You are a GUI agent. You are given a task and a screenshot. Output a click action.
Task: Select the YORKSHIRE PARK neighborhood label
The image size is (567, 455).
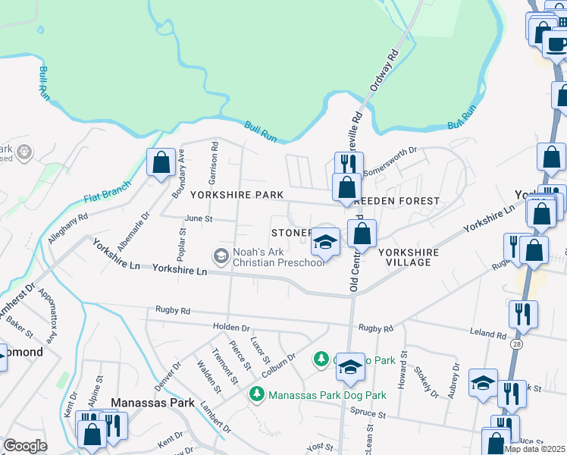237,195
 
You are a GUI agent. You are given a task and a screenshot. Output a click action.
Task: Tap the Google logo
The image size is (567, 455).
25,446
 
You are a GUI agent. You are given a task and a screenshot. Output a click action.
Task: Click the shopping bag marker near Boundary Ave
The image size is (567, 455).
161,162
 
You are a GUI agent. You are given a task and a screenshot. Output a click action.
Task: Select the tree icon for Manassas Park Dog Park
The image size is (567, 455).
258,394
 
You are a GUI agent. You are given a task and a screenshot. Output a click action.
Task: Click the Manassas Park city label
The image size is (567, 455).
152,402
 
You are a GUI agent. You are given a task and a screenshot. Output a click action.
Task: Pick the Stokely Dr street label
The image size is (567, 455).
426,382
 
